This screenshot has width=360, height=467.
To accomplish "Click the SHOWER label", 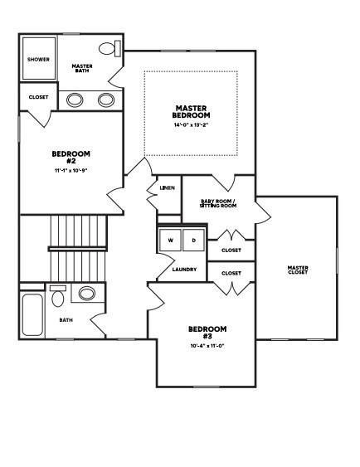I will [38, 59].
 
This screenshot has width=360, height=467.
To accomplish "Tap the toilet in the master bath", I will [109, 48].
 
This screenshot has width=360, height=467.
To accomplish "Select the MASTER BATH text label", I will [81, 68].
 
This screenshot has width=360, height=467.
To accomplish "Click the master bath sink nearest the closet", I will [75, 100].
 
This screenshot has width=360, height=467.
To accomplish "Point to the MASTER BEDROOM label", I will [191, 110].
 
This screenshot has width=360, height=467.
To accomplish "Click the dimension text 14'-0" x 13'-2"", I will [191, 126].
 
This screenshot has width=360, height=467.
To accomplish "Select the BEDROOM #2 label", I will [71, 157].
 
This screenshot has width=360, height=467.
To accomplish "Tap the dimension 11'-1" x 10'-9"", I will [71, 171].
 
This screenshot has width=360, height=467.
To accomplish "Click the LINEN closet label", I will [167, 187].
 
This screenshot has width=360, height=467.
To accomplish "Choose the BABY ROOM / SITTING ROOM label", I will [219, 203].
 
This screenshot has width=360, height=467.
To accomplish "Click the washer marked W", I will [171, 241].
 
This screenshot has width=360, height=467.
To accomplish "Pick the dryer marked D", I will [193, 241].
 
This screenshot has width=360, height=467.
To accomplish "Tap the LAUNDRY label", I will [183, 270].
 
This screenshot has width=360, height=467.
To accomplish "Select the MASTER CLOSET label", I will [298, 270].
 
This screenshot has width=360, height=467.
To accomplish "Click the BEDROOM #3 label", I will [207, 332].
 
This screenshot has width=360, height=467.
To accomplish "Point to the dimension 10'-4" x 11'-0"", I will [207, 346].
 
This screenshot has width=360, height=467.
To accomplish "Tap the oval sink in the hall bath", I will [86, 293].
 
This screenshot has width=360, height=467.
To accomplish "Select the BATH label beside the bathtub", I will [66, 319].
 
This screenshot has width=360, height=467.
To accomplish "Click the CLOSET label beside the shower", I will [38, 97].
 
